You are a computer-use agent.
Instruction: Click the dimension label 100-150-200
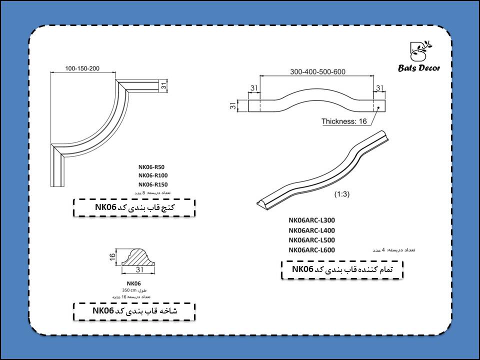coord(82,67)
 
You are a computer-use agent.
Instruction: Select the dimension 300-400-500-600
coord(318,71)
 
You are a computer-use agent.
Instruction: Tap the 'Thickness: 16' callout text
coord(344,121)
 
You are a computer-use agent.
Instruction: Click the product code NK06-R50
coord(151,167)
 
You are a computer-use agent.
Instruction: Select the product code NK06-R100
coord(152,175)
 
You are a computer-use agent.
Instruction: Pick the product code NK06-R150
coord(152,184)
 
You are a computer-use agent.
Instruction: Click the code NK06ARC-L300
coord(311,220)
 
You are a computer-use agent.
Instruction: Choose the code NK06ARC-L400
coord(311,230)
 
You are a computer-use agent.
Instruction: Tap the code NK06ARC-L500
coord(311,240)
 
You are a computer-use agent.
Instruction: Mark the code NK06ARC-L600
coord(311,250)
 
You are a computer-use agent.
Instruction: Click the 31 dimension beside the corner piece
coord(163,86)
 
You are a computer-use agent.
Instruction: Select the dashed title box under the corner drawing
coord(134,207)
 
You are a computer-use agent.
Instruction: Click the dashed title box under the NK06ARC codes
coord(342,270)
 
